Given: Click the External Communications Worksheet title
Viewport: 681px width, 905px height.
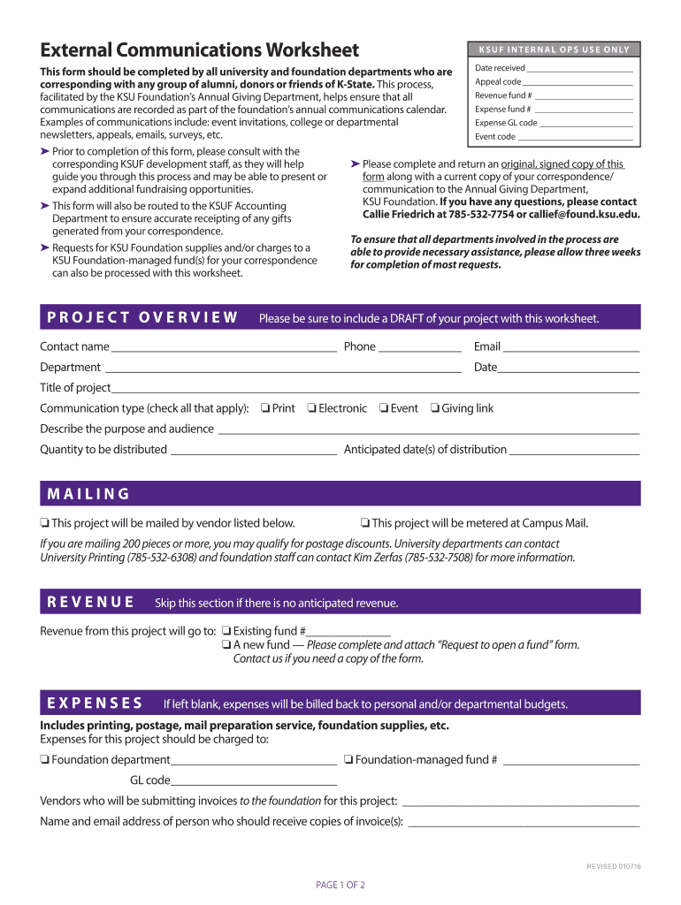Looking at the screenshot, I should [x=200, y=50].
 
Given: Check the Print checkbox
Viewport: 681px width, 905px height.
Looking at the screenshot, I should [x=264, y=408].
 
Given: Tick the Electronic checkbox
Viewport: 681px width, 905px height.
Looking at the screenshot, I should [x=311, y=408].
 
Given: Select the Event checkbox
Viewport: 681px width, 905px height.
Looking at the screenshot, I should [x=384, y=408].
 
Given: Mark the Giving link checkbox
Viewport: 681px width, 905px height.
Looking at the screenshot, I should [x=435, y=408].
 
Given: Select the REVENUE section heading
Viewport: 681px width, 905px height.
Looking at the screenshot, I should [x=91, y=602].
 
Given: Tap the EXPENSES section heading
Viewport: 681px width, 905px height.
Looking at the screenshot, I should [x=96, y=703].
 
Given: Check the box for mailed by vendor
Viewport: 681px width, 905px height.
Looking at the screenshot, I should [x=45, y=523].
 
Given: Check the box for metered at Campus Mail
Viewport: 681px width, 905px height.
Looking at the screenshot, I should [x=365, y=523].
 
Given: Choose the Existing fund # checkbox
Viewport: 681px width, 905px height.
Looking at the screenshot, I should [x=226, y=631].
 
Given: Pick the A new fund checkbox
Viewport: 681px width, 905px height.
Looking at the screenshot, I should [x=226, y=645].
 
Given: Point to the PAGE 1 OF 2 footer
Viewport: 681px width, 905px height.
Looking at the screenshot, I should [x=340, y=885].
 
